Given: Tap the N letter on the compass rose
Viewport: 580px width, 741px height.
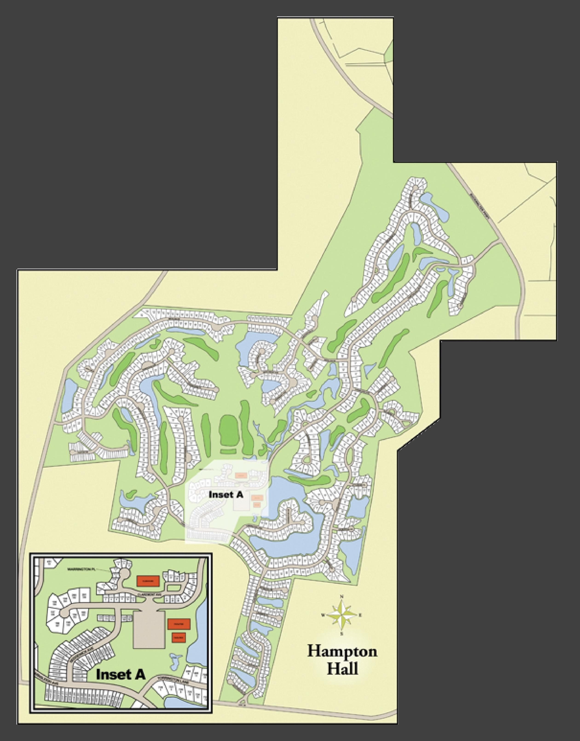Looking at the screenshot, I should coord(342,596).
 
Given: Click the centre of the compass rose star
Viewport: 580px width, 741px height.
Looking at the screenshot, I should coord(342,615).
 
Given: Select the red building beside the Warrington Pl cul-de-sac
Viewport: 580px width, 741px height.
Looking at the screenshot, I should coord(148,581).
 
